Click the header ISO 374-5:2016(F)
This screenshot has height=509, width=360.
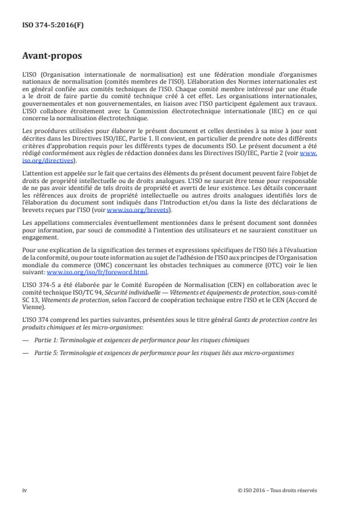(47, 26)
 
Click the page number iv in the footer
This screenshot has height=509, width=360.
(24, 490)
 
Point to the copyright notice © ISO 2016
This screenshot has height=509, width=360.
(277, 490)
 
